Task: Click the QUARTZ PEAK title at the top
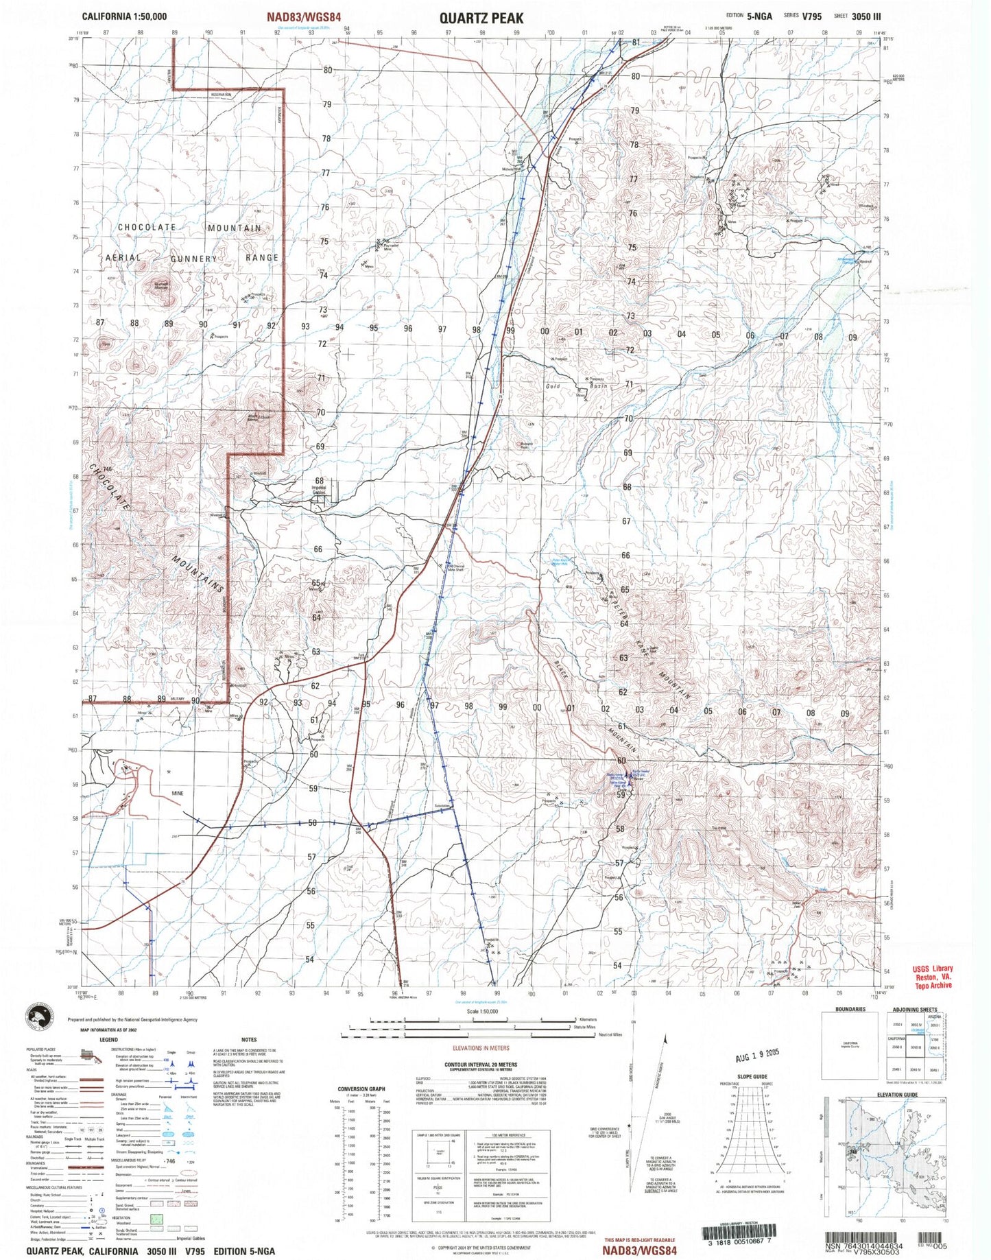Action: pyautogui.click(x=481, y=18)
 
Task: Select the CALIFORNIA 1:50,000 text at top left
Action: pyautogui.click(x=123, y=16)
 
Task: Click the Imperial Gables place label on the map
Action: pyautogui.click(x=319, y=490)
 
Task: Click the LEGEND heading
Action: pyautogui.click(x=108, y=1040)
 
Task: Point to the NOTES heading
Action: pyautogui.click(x=248, y=1040)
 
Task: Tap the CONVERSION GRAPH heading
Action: pyautogui.click(x=361, y=1089)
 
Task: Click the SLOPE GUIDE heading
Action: pyautogui.click(x=752, y=1077)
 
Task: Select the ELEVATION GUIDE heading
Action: pyautogui.click(x=896, y=1095)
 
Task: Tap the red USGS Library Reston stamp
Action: pyautogui.click(x=933, y=976)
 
